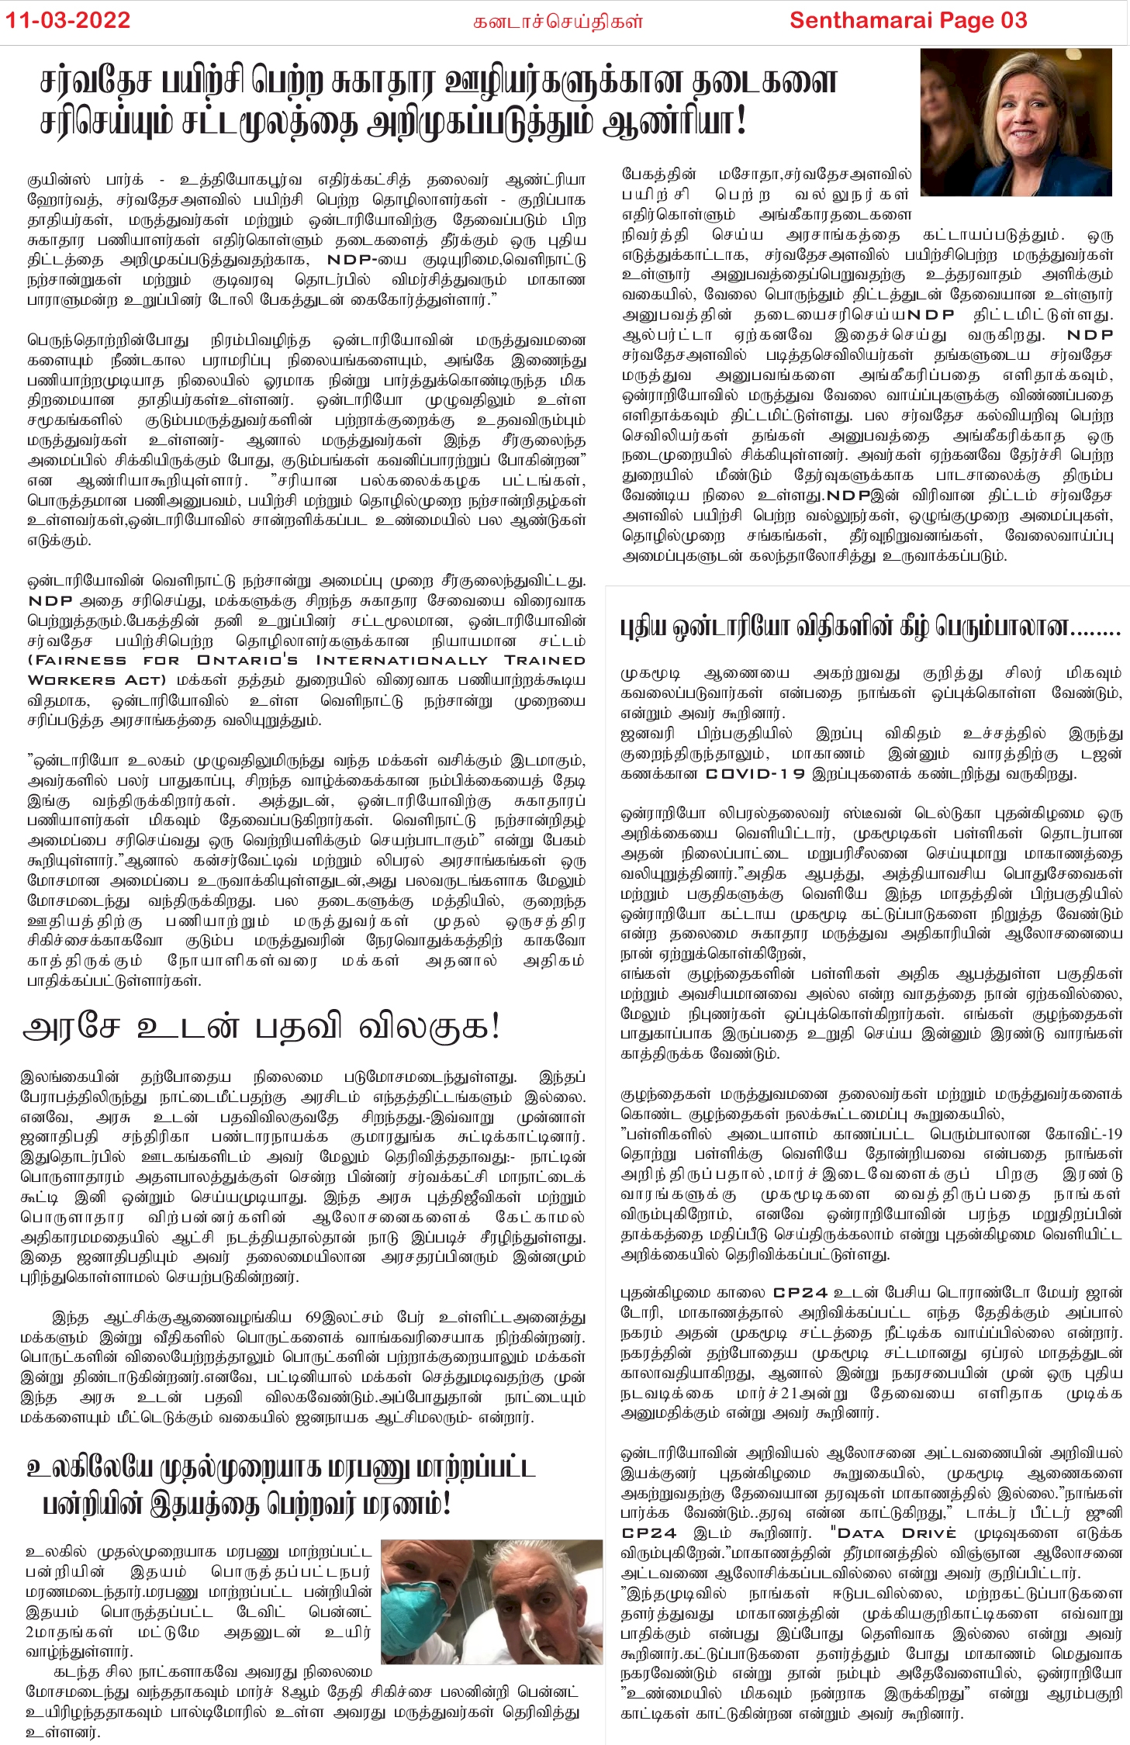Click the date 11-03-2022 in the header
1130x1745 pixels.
pos(68,20)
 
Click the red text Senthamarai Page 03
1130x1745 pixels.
pos(907,20)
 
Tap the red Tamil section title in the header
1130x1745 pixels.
pos(558,21)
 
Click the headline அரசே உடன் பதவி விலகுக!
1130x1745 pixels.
pos(262,1027)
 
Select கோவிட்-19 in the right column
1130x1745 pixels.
pos(1083,1134)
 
